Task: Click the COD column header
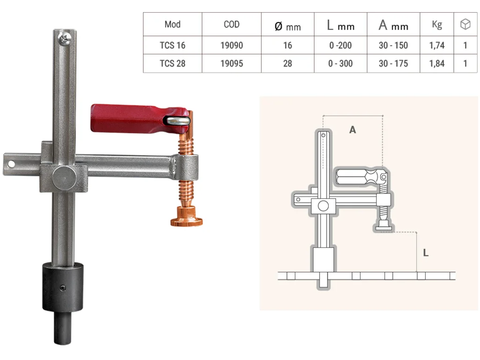coord(232,24)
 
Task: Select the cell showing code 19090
coord(232,45)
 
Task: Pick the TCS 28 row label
coord(172,63)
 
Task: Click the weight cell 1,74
coord(437,45)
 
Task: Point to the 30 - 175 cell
coord(393,63)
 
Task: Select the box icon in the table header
coord(465,24)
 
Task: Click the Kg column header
coord(437,24)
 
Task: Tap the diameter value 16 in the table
coord(287,45)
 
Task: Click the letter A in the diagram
coord(352,130)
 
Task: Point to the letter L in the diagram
coord(426,253)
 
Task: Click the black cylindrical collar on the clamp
coord(62,287)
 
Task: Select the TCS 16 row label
coord(172,45)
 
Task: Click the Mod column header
coord(172,24)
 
